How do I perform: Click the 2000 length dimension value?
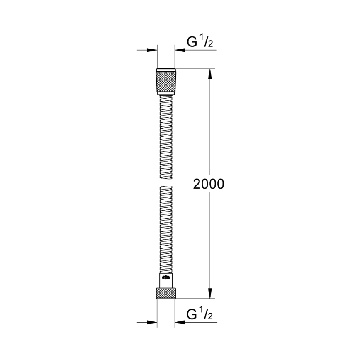(209, 184)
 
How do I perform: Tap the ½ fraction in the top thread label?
(207, 41)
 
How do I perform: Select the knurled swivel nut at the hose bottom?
(166, 293)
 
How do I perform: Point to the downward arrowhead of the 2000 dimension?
(210, 293)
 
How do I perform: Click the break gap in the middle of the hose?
(166, 183)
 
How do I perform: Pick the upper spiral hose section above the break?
(166, 137)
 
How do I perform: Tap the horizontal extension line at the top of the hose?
(195, 68)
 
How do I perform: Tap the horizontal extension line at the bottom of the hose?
(195, 298)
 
